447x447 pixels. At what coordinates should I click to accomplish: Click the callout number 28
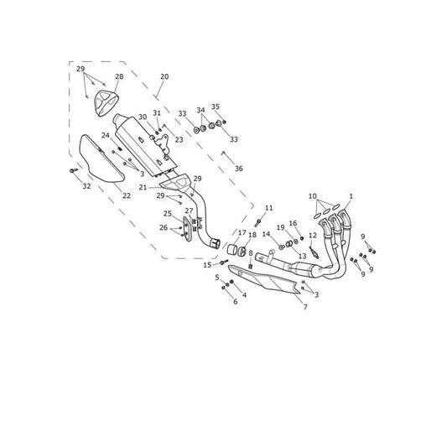click(119, 76)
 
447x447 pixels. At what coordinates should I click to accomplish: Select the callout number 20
click(164, 76)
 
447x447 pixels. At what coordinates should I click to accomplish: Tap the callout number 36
click(239, 169)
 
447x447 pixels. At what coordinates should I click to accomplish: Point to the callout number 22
click(127, 195)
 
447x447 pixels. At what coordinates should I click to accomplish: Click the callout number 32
click(86, 186)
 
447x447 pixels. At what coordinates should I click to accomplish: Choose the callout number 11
click(269, 208)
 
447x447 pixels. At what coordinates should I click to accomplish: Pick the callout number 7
click(305, 307)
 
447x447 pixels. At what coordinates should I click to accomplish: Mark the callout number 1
click(351, 196)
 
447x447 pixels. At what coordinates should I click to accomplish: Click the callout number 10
click(313, 196)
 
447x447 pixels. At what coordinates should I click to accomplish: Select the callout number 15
click(207, 265)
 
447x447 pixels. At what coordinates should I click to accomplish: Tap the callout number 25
click(168, 214)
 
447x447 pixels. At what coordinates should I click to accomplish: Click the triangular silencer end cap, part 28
click(106, 103)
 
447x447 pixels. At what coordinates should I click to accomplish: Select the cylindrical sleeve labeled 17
click(233, 249)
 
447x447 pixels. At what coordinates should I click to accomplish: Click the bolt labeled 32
click(74, 170)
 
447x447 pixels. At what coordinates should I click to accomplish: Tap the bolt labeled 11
click(257, 222)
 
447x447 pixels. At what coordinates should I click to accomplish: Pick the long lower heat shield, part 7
click(265, 278)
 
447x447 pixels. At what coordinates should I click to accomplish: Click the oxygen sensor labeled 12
click(314, 252)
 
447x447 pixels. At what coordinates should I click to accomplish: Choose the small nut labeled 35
click(225, 122)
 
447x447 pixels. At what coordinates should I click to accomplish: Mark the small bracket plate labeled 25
click(187, 228)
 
